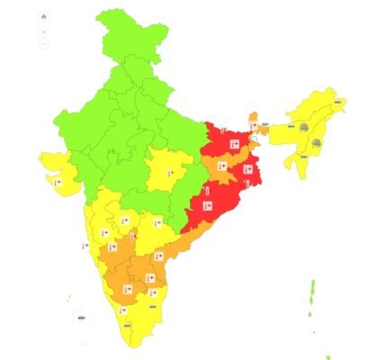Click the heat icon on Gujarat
[58, 181]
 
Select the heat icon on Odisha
[207, 207]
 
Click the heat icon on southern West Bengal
[247, 169]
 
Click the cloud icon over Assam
[304, 129]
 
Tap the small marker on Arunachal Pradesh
[336, 103]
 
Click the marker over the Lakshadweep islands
[81, 317]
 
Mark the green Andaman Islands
[312, 298]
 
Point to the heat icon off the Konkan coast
[83, 244]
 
